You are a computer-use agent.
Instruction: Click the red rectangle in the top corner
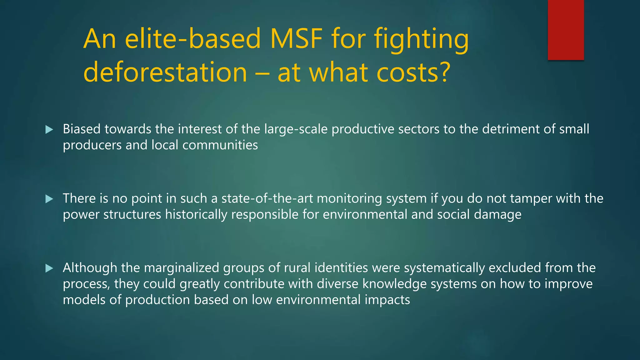(x=566, y=30)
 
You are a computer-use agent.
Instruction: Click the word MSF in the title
(x=296, y=39)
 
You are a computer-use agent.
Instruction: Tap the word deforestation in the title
(x=165, y=72)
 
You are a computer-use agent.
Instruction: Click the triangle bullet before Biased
(x=49, y=129)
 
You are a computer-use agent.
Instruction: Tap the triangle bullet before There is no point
(x=49, y=199)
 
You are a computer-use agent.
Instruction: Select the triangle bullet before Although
(x=49, y=268)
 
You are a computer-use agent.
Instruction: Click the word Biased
(x=82, y=129)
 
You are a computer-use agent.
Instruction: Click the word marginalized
(x=182, y=268)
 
